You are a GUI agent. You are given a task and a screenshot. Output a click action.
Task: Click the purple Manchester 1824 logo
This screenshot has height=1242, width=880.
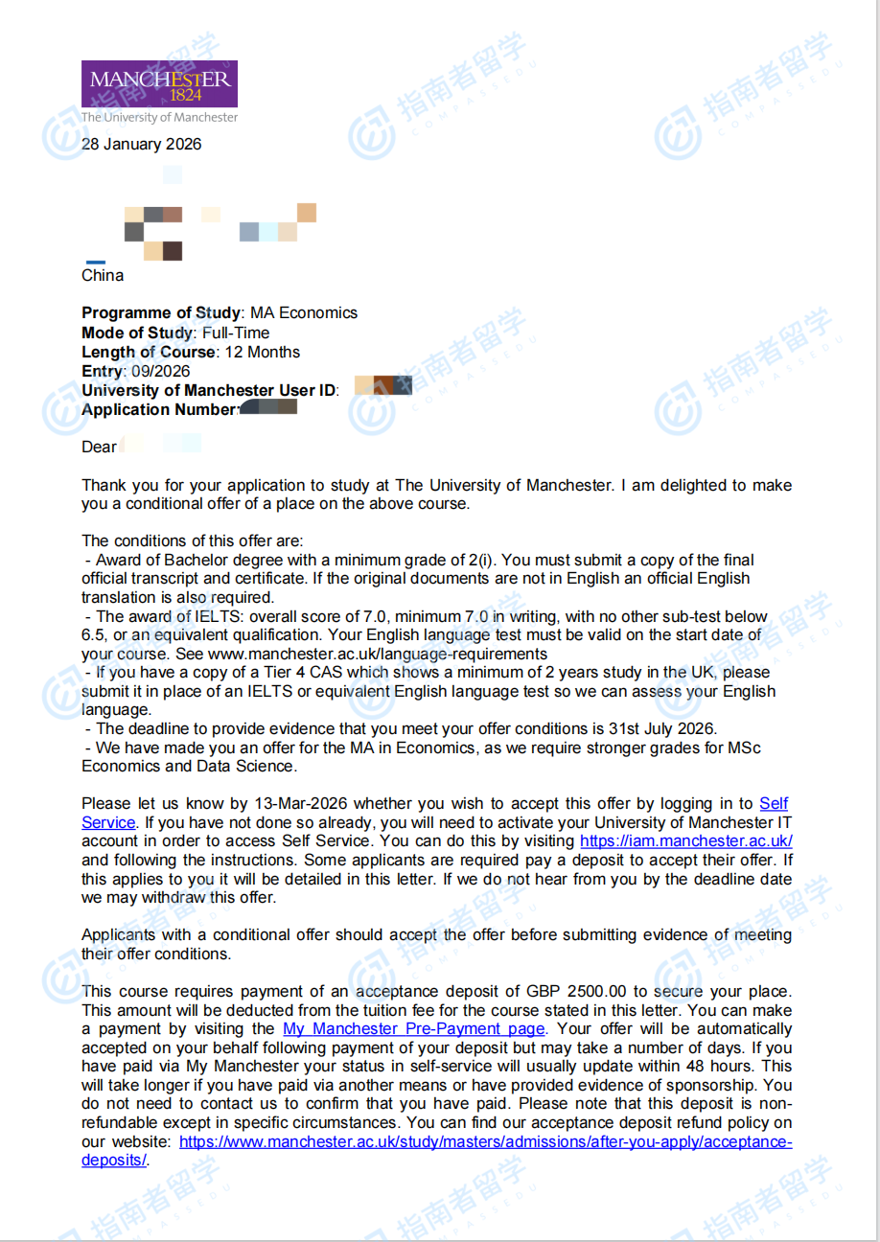point(159,83)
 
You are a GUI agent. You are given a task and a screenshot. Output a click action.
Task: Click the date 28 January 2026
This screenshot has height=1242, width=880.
point(142,145)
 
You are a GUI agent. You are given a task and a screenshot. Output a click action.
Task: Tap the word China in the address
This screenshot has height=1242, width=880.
point(103,276)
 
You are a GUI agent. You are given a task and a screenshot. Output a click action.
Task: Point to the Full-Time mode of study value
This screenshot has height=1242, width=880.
point(236,333)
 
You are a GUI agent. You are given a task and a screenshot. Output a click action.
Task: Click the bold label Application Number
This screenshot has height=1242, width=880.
point(158,409)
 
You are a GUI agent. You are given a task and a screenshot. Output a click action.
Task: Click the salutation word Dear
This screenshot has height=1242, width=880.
point(99,447)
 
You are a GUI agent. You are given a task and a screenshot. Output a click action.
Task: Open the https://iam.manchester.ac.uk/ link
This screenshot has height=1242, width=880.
point(686,841)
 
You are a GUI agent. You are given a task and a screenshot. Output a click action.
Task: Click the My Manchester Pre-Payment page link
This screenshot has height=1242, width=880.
point(414,1029)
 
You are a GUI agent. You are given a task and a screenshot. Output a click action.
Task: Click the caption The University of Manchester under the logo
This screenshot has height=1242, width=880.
point(159,117)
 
